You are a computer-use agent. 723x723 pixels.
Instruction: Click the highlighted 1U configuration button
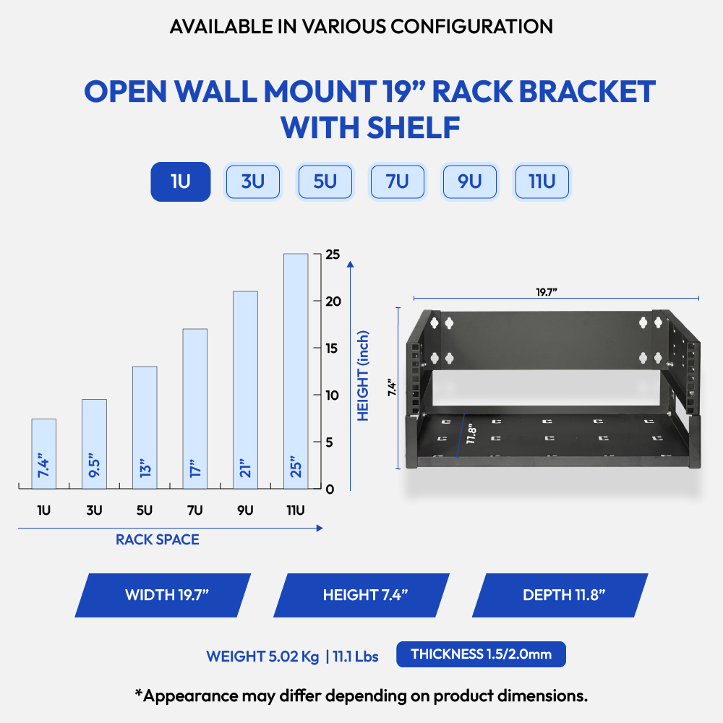coord(181,181)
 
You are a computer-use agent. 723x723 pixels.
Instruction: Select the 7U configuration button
coord(398,181)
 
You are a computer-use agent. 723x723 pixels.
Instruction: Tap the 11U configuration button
coord(542,181)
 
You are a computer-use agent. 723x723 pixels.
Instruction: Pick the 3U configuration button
coord(252,181)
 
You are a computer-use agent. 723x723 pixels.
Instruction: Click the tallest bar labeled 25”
coord(296,371)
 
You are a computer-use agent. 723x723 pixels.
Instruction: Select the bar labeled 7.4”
coord(44,454)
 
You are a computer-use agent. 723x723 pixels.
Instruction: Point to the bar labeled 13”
coord(145,427)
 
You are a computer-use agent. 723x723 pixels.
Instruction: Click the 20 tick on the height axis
coord(333,301)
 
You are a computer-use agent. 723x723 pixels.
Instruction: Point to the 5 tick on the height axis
coord(329,442)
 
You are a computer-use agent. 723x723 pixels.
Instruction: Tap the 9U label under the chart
coord(245,510)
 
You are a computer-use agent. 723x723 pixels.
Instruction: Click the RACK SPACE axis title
coord(157,539)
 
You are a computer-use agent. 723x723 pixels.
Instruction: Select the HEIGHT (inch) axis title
coord(364,376)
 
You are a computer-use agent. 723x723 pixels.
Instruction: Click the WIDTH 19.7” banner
coord(163,595)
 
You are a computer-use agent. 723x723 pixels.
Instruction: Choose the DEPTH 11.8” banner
coord(560,595)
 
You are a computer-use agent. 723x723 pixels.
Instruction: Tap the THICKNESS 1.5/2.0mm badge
coord(481,654)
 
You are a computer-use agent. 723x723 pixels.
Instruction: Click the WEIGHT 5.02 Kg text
coord(262,656)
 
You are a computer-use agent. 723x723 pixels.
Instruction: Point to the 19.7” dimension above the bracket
coord(547,292)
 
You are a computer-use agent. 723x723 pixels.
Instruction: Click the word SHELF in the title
coord(414,128)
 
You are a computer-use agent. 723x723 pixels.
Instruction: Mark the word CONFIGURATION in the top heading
coord(471,27)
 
